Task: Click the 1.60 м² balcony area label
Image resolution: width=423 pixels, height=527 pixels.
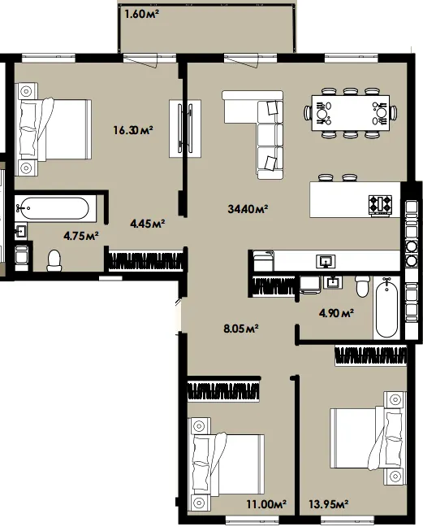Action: (x=141, y=15)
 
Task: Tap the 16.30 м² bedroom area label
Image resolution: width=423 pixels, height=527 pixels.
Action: (x=133, y=130)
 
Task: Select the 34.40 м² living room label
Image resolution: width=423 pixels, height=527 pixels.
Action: (x=248, y=209)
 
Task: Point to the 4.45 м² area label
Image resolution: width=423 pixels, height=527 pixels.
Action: (x=148, y=224)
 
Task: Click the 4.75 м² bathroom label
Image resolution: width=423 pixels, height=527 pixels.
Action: (x=81, y=236)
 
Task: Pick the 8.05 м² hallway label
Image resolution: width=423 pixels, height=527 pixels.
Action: (x=241, y=329)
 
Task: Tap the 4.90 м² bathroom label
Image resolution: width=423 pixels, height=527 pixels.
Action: (x=336, y=314)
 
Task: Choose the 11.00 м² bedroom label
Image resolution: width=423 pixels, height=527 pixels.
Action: (x=266, y=504)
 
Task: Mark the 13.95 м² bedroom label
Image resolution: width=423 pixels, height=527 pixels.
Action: (x=328, y=504)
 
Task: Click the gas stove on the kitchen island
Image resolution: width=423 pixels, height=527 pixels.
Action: (x=381, y=205)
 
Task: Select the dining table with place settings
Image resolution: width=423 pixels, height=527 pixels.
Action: (x=351, y=113)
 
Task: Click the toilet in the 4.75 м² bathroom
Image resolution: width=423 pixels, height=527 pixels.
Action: (x=54, y=260)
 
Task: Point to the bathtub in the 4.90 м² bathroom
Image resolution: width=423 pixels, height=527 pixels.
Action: (x=386, y=307)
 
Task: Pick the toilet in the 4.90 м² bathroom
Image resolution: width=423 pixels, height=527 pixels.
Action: (x=363, y=286)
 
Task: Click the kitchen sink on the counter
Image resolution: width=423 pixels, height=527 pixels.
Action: (x=326, y=262)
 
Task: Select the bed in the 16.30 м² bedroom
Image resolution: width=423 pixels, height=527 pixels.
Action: (x=54, y=129)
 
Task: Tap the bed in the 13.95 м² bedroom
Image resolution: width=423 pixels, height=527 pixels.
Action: (x=369, y=438)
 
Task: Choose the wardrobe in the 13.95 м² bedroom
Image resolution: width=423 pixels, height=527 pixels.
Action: (x=371, y=356)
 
